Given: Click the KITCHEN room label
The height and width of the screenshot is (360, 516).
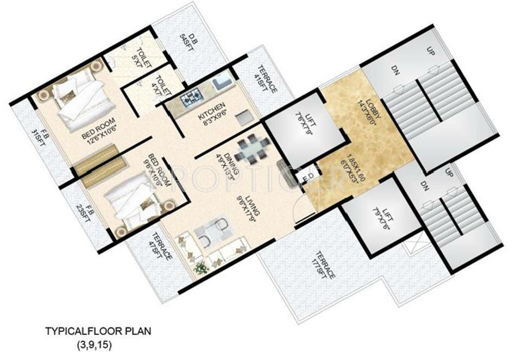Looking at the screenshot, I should coord(203,111).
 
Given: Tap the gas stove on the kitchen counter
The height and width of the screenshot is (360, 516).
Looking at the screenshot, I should coord(192,98).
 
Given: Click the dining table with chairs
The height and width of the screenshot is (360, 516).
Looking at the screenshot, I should coord(250,148).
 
